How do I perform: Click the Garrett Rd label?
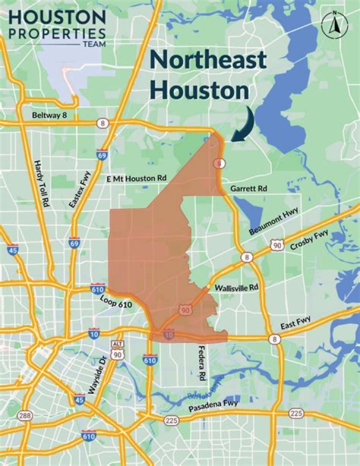(x=248, y=189)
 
